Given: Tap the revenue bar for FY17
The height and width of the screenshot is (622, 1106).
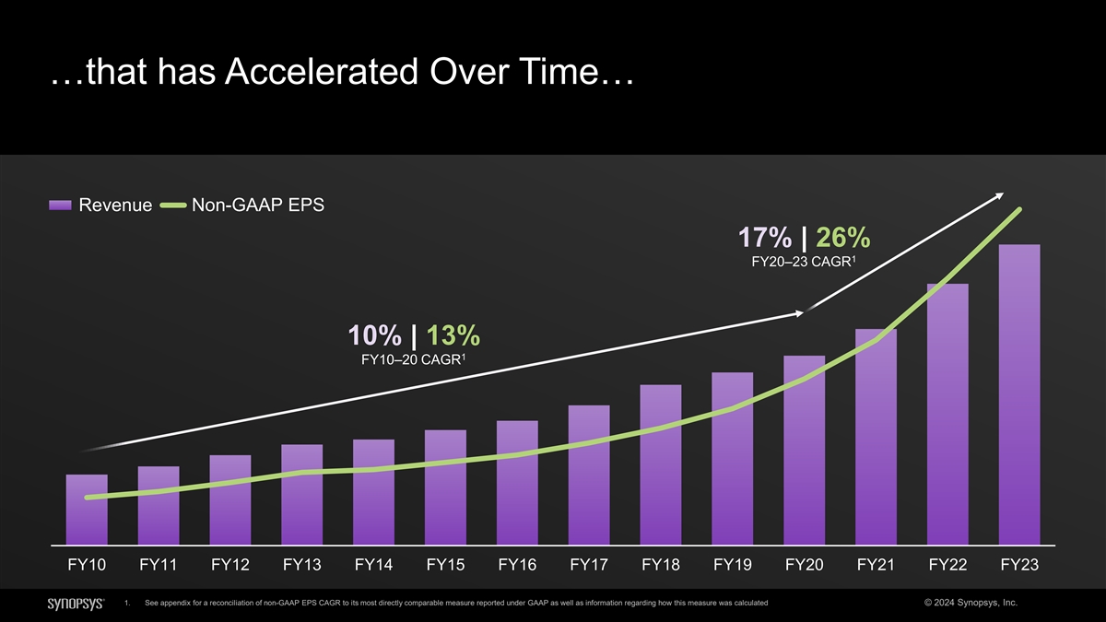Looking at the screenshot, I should point(589,475).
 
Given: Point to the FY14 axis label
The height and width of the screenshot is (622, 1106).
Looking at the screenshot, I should point(373,565).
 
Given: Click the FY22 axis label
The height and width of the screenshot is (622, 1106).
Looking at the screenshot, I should point(948,565).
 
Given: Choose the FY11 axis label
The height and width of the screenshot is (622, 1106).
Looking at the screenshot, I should point(159,565).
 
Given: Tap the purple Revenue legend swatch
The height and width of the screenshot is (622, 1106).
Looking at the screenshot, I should point(60,205).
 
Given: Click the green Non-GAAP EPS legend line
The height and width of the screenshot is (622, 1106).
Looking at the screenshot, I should point(173,205).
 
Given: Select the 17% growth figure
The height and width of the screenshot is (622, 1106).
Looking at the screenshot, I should point(765,238).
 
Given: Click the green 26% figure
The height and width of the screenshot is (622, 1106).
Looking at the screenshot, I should point(843,238).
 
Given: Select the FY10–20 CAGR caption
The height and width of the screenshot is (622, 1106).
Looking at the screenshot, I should point(414,359).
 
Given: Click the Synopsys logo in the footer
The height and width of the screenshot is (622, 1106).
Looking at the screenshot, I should point(75,603).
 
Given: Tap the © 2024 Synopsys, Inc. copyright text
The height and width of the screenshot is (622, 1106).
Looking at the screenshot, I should point(970,603).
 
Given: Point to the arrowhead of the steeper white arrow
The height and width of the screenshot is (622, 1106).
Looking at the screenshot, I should point(999,195).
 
